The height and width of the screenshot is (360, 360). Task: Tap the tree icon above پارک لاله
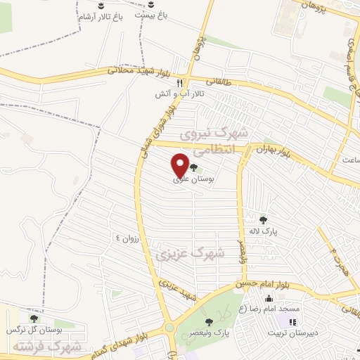(264, 219)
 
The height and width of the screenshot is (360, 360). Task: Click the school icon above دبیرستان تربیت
(291, 322)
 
